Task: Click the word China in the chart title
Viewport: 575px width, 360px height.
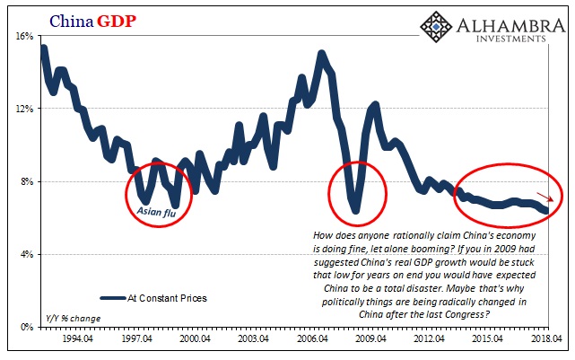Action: (x=69, y=19)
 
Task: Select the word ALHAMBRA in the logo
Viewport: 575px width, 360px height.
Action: (x=506, y=24)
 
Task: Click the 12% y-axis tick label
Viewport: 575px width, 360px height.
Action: (x=22, y=109)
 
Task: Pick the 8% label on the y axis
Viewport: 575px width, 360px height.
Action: (x=25, y=181)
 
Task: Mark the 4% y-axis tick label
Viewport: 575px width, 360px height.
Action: (x=25, y=254)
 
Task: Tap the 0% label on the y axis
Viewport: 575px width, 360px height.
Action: (x=25, y=327)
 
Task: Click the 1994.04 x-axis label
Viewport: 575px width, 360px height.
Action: (x=83, y=341)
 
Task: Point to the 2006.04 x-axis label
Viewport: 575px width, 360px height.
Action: (x=312, y=341)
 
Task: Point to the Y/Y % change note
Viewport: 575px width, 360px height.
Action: (x=73, y=318)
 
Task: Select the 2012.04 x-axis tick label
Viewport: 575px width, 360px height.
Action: (x=427, y=341)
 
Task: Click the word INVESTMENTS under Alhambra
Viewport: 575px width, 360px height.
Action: (x=508, y=40)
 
